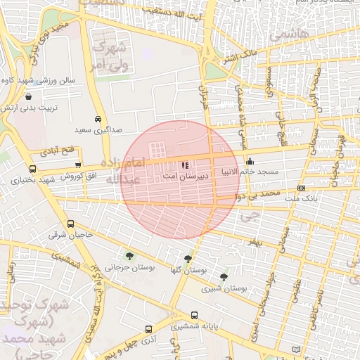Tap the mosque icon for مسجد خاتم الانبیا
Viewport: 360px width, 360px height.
pos(250,162)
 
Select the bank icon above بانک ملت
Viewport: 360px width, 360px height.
pos(301,188)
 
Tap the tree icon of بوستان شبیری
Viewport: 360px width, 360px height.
pos(224,276)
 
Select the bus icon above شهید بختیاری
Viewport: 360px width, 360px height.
pos(33,169)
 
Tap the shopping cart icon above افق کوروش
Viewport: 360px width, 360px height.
pos(77,165)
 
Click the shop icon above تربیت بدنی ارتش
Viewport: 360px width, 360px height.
pos(28,96)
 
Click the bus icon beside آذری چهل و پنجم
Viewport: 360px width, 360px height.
pos(148,329)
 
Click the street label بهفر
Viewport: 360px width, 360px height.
pos(252,241)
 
